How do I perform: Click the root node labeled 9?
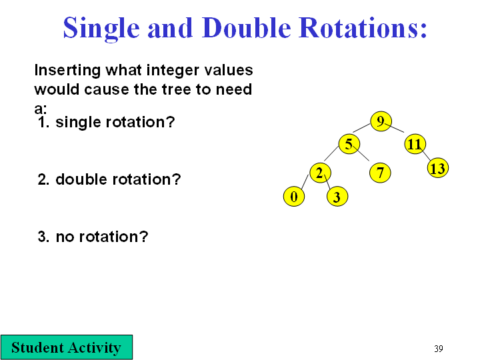tap(381, 121)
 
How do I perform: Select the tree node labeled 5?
tap(349, 144)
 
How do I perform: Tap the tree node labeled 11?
tap(415, 144)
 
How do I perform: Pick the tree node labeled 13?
tap(438, 168)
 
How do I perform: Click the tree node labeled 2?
tap(320, 173)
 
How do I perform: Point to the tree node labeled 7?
tap(380, 173)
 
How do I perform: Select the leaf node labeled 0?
tap(294, 197)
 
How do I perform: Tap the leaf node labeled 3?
tap(337, 197)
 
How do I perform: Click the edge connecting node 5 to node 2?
tap(331, 153)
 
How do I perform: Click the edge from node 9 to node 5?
tap(361, 127)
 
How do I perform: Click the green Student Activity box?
tap(67, 347)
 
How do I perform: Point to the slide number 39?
tap(439, 349)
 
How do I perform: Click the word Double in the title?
tap(247, 28)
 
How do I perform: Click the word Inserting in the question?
tap(67, 71)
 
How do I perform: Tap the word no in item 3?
tap(65, 237)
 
